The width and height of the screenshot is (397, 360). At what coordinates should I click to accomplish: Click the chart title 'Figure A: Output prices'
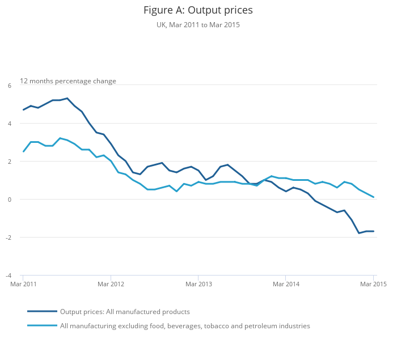click(198, 10)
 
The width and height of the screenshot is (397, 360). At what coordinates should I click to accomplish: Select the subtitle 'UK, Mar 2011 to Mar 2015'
click(198, 25)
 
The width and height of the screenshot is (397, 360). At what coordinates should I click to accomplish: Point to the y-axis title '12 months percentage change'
click(68, 81)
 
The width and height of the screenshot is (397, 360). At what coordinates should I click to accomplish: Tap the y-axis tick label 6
click(10, 86)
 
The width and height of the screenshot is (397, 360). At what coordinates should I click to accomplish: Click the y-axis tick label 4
click(10, 124)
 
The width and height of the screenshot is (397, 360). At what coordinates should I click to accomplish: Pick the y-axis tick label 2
click(10, 162)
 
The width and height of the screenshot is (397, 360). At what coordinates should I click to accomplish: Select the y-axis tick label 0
click(10, 200)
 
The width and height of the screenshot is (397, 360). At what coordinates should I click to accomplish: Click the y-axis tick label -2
click(9, 238)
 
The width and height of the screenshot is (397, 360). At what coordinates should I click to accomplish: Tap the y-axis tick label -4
click(9, 276)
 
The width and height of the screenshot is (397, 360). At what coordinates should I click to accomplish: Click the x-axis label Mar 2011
click(24, 283)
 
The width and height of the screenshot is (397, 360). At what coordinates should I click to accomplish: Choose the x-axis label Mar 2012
click(111, 283)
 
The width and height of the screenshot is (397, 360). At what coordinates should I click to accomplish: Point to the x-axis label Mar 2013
click(198, 283)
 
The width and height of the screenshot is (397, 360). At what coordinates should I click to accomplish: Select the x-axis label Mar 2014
click(285, 283)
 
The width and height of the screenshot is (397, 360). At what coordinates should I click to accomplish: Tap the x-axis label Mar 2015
click(373, 283)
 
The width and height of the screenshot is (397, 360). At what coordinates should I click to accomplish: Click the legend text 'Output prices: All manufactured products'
click(125, 311)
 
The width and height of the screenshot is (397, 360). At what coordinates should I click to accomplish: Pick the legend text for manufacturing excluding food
click(185, 326)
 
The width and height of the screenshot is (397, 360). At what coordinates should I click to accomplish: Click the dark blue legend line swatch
click(42, 311)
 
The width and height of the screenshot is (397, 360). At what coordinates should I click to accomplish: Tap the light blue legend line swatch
click(42, 326)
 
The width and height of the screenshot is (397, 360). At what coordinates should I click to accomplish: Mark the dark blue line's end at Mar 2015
click(373, 231)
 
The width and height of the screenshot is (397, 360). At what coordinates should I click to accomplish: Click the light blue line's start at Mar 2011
click(24, 151)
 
